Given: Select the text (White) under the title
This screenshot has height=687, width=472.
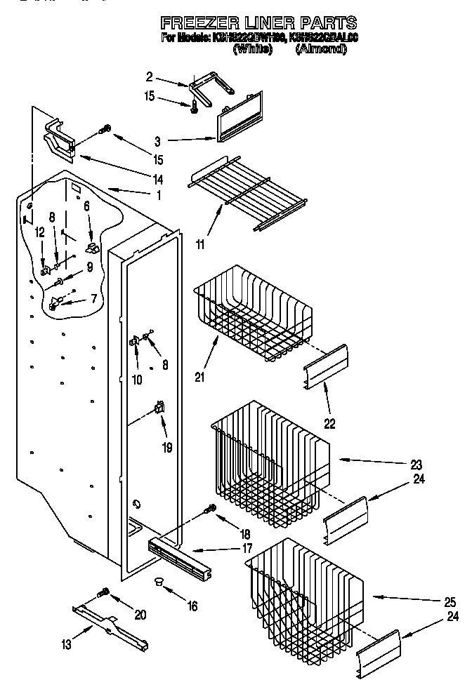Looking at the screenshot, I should tap(252, 49).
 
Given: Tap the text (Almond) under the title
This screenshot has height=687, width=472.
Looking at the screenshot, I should tap(321, 49).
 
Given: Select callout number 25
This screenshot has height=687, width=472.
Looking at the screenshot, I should tap(450, 601).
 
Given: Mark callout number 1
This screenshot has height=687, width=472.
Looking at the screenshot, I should tap(159, 195).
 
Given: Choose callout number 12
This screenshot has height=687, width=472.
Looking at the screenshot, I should tap(39, 232).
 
